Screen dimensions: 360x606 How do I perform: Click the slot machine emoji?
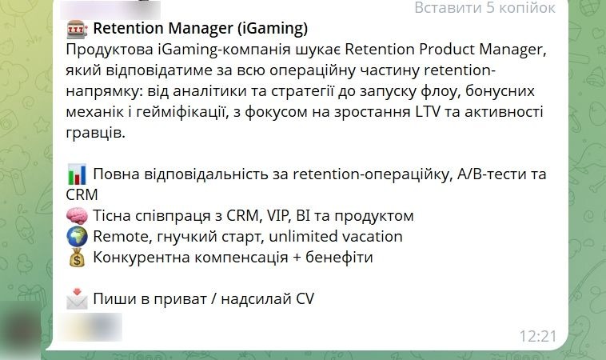click(x=78, y=29)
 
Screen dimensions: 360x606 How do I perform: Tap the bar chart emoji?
click(x=78, y=174)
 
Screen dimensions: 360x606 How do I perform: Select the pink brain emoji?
click(x=78, y=216)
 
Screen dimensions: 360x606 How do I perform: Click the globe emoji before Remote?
click(x=78, y=237)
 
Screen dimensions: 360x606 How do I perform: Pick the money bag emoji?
click(x=78, y=258)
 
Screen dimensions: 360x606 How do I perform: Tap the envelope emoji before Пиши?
click(x=78, y=299)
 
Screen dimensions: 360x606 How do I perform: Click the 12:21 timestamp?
click(x=536, y=335)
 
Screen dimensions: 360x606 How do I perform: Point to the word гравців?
click(x=96, y=133)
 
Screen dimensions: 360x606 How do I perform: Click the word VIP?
click(x=284, y=216)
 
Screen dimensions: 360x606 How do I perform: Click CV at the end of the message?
click(x=305, y=299)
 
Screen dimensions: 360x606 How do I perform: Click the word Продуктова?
click(x=107, y=50)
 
